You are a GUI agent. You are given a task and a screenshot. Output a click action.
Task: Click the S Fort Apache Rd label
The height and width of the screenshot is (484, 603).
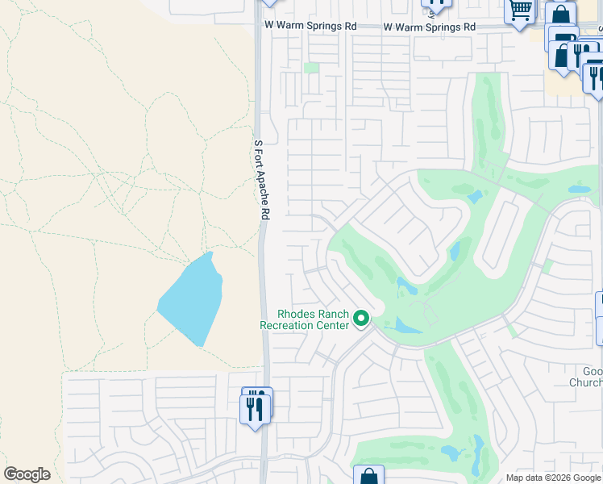(260, 180)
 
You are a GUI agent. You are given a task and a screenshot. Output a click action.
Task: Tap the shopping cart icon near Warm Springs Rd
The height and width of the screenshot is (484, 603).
(520, 11)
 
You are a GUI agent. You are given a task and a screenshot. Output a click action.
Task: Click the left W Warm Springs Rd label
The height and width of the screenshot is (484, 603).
(310, 26)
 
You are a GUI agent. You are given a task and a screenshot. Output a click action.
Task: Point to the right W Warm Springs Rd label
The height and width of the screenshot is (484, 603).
(429, 27)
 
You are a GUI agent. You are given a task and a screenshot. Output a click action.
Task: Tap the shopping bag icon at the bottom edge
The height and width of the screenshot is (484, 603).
(368, 476)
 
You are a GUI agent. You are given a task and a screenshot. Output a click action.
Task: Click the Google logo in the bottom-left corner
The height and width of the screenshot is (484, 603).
(27, 474)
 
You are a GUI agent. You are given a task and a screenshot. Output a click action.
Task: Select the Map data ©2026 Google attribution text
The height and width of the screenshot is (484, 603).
(554, 478)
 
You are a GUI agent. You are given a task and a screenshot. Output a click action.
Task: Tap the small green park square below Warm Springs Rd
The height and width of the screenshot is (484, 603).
(312, 68)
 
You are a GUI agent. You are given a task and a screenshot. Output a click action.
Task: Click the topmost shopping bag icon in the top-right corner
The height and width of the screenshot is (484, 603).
(560, 16)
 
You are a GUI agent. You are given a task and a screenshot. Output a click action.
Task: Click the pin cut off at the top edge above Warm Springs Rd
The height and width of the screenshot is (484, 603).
(436, 5)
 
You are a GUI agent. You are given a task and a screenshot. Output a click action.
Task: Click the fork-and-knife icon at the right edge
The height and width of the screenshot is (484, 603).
(595, 78)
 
